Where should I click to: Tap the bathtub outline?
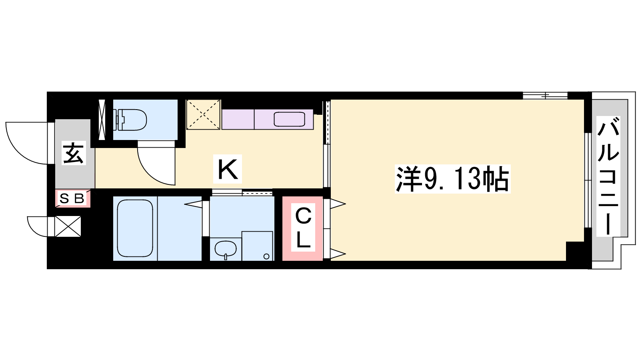[x=135, y=228]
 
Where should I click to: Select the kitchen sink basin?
[x=290, y=119]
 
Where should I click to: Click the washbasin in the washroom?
[x=226, y=249]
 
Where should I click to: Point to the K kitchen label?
[x=228, y=169]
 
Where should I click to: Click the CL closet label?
[x=303, y=228]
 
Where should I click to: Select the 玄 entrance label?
[x=74, y=153]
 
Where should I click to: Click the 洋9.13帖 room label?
[x=452, y=179]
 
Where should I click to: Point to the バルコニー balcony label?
[x=608, y=176]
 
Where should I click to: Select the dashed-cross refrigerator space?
[x=203, y=114]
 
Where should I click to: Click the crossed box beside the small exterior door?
[x=68, y=226]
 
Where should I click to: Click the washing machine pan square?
[x=257, y=246]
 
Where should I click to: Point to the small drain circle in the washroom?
[x=266, y=256]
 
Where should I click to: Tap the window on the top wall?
[x=545, y=96]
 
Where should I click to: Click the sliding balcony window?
[x=588, y=180]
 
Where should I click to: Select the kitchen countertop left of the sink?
[x=238, y=119]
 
